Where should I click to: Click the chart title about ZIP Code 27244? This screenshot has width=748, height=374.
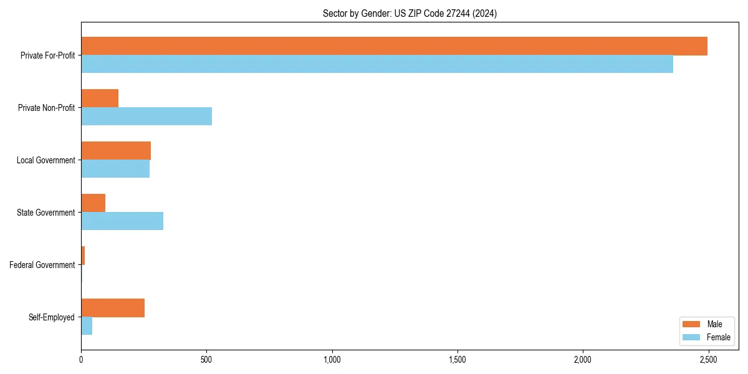click(x=410, y=13)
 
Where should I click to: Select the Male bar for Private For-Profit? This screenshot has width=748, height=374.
click(x=394, y=46)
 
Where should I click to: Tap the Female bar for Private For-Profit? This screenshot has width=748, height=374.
click(x=377, y=64)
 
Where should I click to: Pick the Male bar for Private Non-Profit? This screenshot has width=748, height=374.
click(x=100, y=98)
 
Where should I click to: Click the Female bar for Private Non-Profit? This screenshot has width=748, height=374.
click(x=146, y=117)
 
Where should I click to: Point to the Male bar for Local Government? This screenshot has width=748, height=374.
click(x=116, y=151)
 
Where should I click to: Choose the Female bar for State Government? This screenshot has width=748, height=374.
click(x=122, y=221)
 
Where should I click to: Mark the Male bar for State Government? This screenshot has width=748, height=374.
click(x=93, y=203)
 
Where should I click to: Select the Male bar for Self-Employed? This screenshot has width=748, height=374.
click(x=113, y=308)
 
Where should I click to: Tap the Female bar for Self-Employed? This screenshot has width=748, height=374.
click(x=87, y=326)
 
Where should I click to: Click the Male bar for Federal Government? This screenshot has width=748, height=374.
click(x=83, y=256)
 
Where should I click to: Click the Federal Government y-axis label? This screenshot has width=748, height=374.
click(x=42, y=265)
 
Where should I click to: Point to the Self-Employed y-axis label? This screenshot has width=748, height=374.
click(x=52, y=317)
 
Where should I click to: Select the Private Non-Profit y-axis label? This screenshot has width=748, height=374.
click(x=46, y=108)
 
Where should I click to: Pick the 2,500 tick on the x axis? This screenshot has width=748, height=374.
click(x=708, y=360)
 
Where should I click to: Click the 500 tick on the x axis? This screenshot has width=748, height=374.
click(x=206, y=360)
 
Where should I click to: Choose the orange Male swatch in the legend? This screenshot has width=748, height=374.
click(x=692, y=324)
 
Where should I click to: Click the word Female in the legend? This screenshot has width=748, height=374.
click(x=719, y=337)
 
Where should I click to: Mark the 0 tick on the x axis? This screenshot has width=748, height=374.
click(x=81, y=360)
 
